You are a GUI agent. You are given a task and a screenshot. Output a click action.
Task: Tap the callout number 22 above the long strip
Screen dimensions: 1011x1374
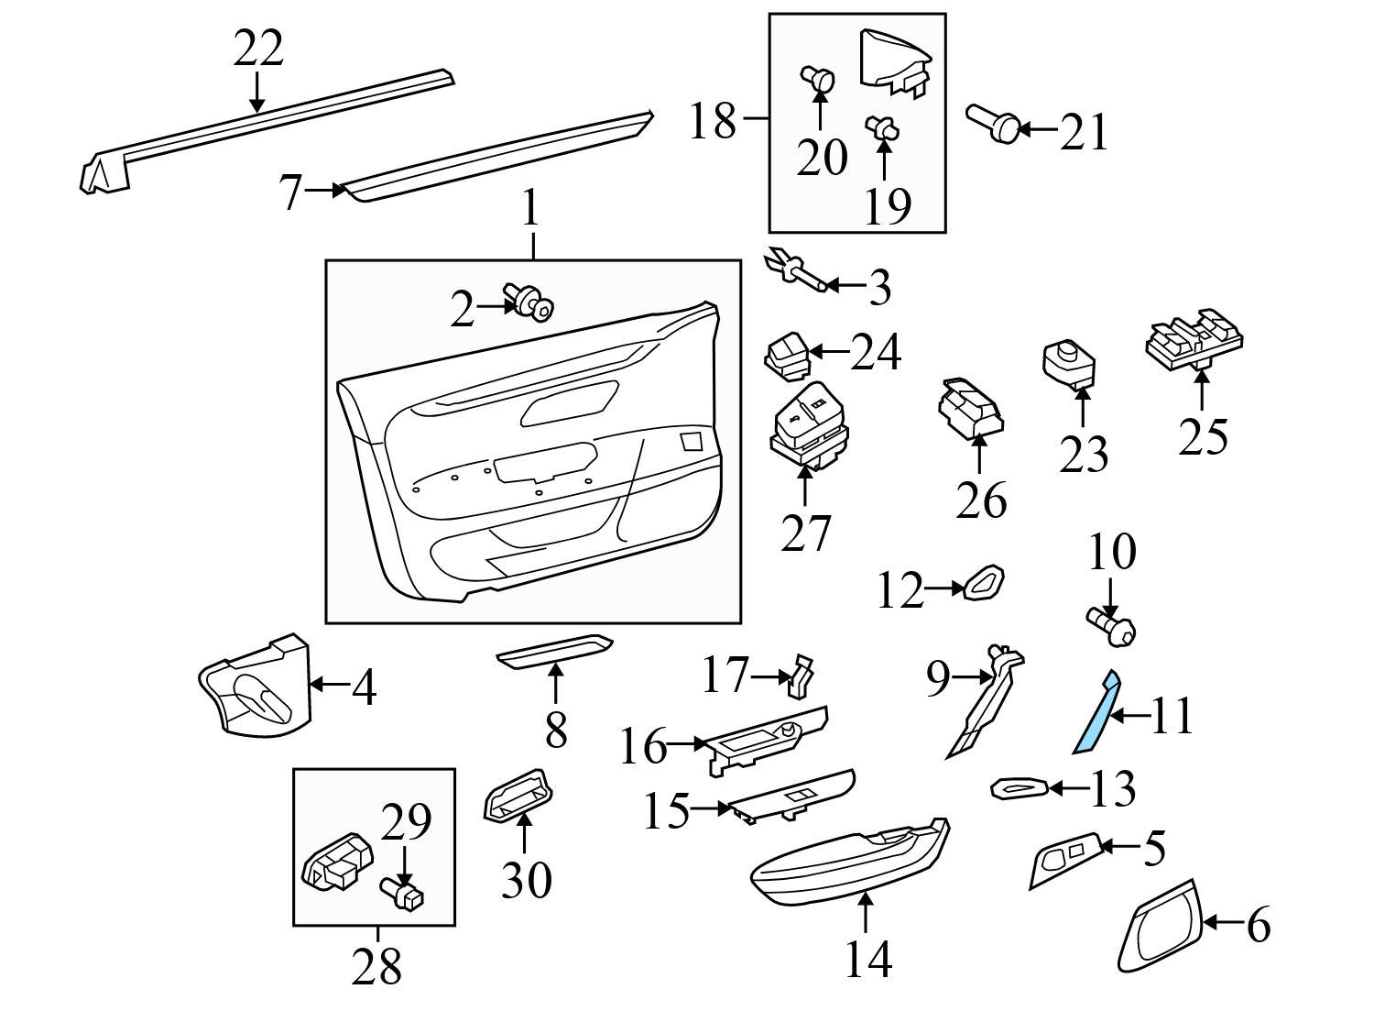[x=257, y=49]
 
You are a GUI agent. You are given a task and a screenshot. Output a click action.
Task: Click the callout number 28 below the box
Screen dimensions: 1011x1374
[x=376, y=965]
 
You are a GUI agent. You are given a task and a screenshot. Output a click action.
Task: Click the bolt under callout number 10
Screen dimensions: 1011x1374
[x=1110, y=627]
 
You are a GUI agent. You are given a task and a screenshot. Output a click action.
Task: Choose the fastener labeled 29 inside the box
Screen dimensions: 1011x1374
[x=403, y=891]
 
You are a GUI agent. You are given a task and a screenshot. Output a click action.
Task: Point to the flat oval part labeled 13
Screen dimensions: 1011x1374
[x=1020, y=786]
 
